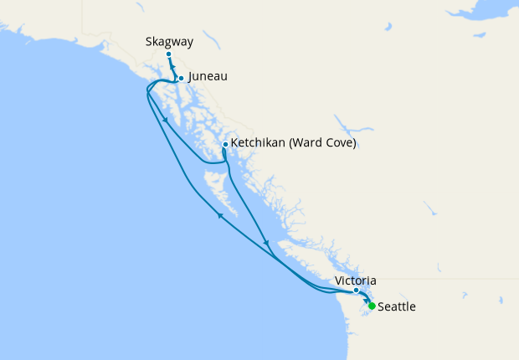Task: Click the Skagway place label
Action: (x=167, y=39)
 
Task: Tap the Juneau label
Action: (x=208, y=76)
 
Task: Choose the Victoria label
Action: (x=355, y=280)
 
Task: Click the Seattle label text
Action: (x=397, y=307)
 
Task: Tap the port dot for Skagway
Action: (x=168, y=54)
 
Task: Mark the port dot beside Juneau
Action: (x=181, y=79)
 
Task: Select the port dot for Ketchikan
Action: (x=225, y=144)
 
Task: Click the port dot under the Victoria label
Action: (x=356, y=291)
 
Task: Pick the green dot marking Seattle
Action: (x=372, y=306)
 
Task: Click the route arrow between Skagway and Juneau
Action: (x=173, y=69)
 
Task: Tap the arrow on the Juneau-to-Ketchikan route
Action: (x=167, y=121)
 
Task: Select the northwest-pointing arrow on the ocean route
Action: (x=220, y=215)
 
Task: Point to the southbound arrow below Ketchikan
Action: (x=266, y=244)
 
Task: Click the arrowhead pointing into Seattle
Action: (x=365, y=299)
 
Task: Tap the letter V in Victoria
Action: (x=338, y=280)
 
